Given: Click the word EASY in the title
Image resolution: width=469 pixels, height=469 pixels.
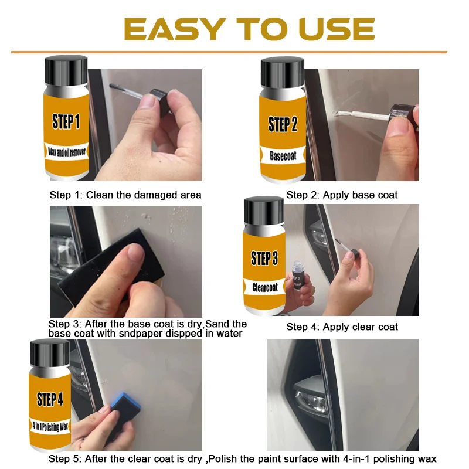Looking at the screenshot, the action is tap(175, 29).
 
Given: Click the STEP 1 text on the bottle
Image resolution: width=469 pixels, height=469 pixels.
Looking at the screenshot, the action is tap(66, 121).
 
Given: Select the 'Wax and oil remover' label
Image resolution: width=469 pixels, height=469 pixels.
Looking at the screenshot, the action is tap(67, 152).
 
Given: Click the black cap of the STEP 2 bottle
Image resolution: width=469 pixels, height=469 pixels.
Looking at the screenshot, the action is tap(282, 73).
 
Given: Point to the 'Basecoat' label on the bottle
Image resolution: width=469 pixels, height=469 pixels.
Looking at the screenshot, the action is tap(283, 155).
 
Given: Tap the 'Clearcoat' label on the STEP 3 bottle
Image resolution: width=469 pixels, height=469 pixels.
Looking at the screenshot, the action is tap(265, 287).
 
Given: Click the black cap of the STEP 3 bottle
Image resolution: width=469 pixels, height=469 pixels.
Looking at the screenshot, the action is tap(264, 211).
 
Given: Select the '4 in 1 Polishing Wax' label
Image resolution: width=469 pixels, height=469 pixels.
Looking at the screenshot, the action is tap(50, 426).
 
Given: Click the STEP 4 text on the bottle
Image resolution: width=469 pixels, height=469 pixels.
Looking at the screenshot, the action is tap(50, 399).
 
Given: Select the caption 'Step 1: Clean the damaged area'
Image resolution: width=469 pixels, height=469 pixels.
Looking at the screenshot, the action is tap(125, 195).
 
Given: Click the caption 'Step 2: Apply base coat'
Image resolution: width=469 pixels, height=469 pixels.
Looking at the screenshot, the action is tap(342, 195).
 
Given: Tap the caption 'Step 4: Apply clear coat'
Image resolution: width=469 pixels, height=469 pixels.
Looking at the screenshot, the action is tap(342, 327).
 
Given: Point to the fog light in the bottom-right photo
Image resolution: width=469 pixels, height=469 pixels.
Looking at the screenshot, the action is tap(312, 399).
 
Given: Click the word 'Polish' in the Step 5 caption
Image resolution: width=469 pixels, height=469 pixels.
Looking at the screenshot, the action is tap(223, 458).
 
